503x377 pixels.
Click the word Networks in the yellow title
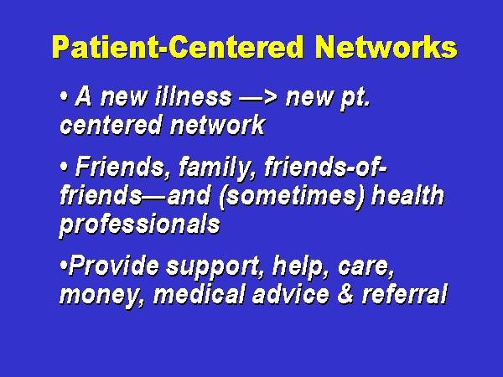(x=386, y=47)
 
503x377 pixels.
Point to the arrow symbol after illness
(x=258, y=98)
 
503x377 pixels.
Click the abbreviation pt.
(x=355, y=98)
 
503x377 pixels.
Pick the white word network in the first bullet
(x=217, y=126)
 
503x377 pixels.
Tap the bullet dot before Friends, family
(x=65, y=167)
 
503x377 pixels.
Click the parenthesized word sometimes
(x=291, y=196)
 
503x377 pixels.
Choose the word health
(x=407, y=195)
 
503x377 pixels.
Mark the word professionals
(x=140, y=225)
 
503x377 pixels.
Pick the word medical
(x=199, y=294)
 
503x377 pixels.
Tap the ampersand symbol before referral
(x=345, y=294)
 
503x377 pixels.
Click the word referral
(x=404, y=294)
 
